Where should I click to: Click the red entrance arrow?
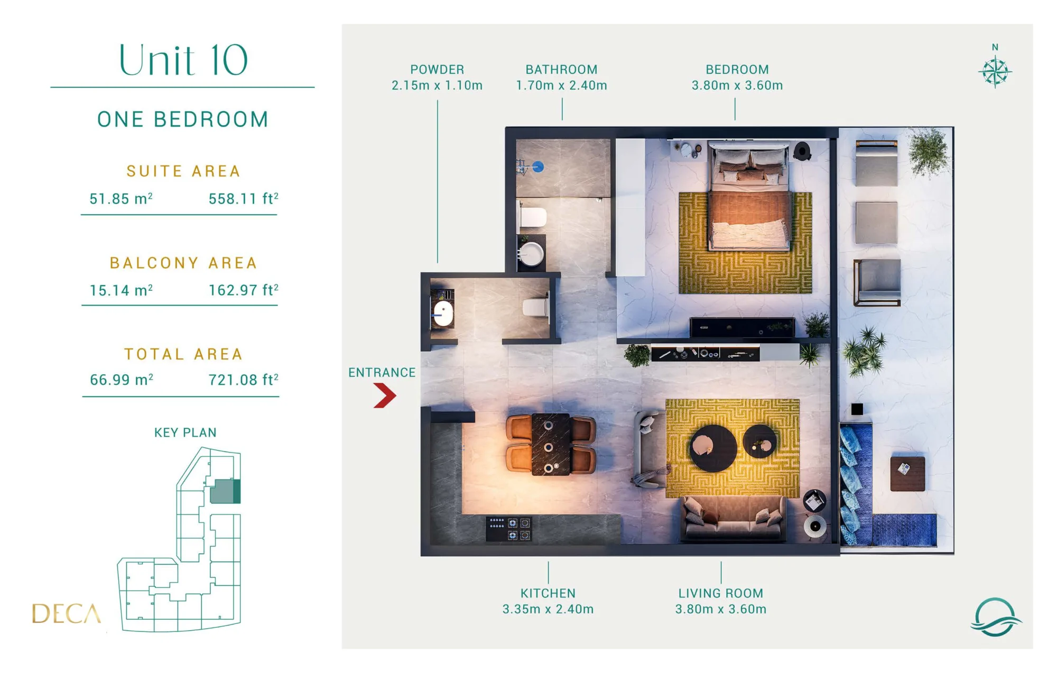[x=385, y=395]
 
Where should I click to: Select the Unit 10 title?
[x=183, y=60]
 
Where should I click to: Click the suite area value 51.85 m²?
[x=121, y=199]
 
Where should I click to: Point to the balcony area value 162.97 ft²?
[x=243, y=290]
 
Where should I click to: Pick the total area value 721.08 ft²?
[x=243, y=380]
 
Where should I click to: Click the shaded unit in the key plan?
[x=225, y=492]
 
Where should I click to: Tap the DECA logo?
[x=66, y=613]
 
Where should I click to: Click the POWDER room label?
[x=437, y=69]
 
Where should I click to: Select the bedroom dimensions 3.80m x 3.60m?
[x=737, y=85]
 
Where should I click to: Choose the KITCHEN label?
[x=548, y=593]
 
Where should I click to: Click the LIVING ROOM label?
[x=721, y=593]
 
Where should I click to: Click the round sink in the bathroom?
[x=531, y=254]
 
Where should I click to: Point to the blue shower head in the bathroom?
[x=538, y=167]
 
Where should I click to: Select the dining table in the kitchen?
[x=551, y=444]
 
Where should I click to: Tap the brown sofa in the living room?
[x=733, y=519]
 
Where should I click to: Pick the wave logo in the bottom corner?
[x=996, y=617]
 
